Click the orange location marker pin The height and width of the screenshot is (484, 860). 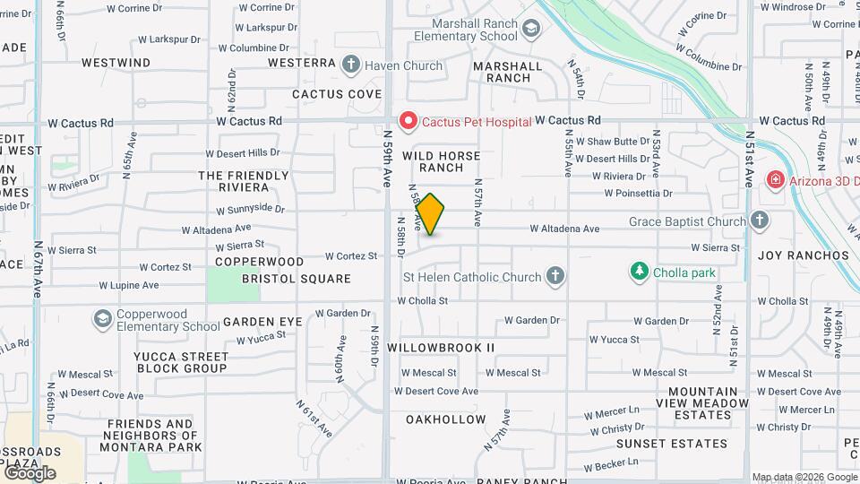430,213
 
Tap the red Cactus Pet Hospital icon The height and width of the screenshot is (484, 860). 408,120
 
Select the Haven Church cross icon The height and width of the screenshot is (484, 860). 351,65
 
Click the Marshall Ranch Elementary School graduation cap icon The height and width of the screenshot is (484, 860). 531,30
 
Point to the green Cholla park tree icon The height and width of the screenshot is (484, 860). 639,270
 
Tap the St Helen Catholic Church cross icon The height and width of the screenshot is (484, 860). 555,276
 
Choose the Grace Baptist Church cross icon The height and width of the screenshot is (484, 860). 760,220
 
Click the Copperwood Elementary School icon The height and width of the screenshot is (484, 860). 102,318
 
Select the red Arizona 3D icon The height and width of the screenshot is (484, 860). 773,180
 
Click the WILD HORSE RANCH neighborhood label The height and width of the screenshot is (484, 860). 445,161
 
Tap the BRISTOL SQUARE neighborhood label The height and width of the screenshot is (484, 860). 296,279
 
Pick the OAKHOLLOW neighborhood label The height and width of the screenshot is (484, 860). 445,419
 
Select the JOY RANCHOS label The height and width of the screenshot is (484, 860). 803,255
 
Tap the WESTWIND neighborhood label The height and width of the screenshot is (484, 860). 116,63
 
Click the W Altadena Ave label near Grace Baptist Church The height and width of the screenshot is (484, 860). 564,229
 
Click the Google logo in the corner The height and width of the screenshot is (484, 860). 29,472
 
